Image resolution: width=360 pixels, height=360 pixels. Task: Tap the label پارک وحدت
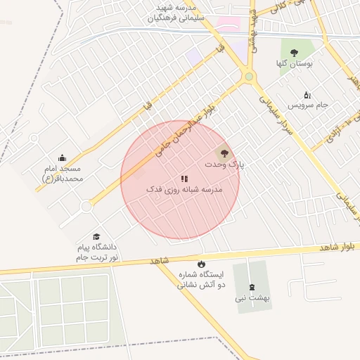[x=225, y=164]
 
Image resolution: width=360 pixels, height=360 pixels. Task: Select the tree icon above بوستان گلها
[x=294, y=52]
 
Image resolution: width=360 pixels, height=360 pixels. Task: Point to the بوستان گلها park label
[x=294, y=63]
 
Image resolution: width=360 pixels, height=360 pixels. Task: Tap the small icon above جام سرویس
[x=307, y=94]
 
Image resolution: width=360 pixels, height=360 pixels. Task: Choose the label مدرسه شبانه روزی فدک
[x=184, y=190]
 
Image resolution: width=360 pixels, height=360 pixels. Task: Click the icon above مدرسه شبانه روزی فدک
[x=184, y=179]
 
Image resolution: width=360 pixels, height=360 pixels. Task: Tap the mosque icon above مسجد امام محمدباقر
[x=63, y=157]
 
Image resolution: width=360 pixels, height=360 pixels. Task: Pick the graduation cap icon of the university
[x=96, y=237]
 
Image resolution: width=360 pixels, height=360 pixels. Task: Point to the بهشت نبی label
[x=253, y=298]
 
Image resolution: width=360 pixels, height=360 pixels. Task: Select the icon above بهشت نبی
[x=252, y=286]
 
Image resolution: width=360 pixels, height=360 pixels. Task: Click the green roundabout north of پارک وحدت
[x=248, y=77]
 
